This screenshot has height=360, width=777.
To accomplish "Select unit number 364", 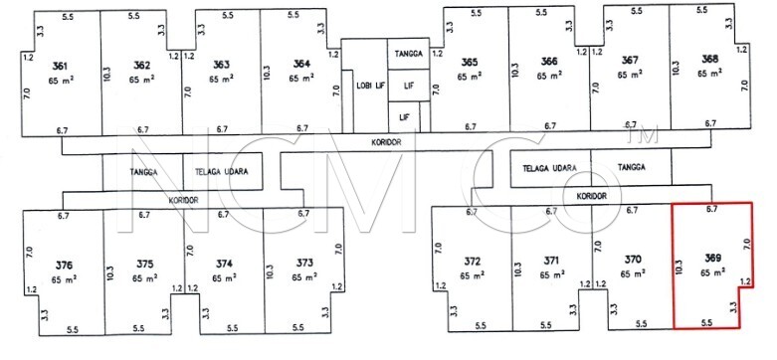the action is tap(301, 64).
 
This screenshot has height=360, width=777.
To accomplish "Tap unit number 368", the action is tap(709, 59).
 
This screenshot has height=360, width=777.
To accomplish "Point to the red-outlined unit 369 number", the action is tap(712, 258).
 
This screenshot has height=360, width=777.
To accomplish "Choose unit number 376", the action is tap(64, 265).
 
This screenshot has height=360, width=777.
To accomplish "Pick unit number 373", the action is tap(303, 263).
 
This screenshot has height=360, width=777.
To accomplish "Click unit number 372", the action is tap(473, 261).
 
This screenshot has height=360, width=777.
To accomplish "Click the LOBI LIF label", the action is tap(371, 86).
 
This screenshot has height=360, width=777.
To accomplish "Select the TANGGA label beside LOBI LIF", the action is tap(408, 54).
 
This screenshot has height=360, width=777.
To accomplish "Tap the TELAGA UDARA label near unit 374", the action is tap(221, 172).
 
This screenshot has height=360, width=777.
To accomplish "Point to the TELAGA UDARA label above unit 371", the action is tap(549, 168).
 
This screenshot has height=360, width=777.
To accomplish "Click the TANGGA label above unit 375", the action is tap(143, 172).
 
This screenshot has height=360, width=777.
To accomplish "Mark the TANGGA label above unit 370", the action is tap(632, 167).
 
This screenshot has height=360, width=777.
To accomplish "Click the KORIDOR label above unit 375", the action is tap(183, 201).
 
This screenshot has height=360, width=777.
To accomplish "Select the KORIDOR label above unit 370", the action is tap(592, 196).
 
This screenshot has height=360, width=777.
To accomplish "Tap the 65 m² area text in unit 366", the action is tap(549, 76).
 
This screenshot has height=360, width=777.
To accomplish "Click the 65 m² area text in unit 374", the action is tap(224, 277).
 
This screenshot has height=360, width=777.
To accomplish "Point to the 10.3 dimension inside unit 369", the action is tap(680, 267).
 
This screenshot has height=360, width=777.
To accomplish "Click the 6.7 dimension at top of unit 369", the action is tap(712, 209).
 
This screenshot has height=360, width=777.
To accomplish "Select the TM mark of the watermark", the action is tap(643, 134).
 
